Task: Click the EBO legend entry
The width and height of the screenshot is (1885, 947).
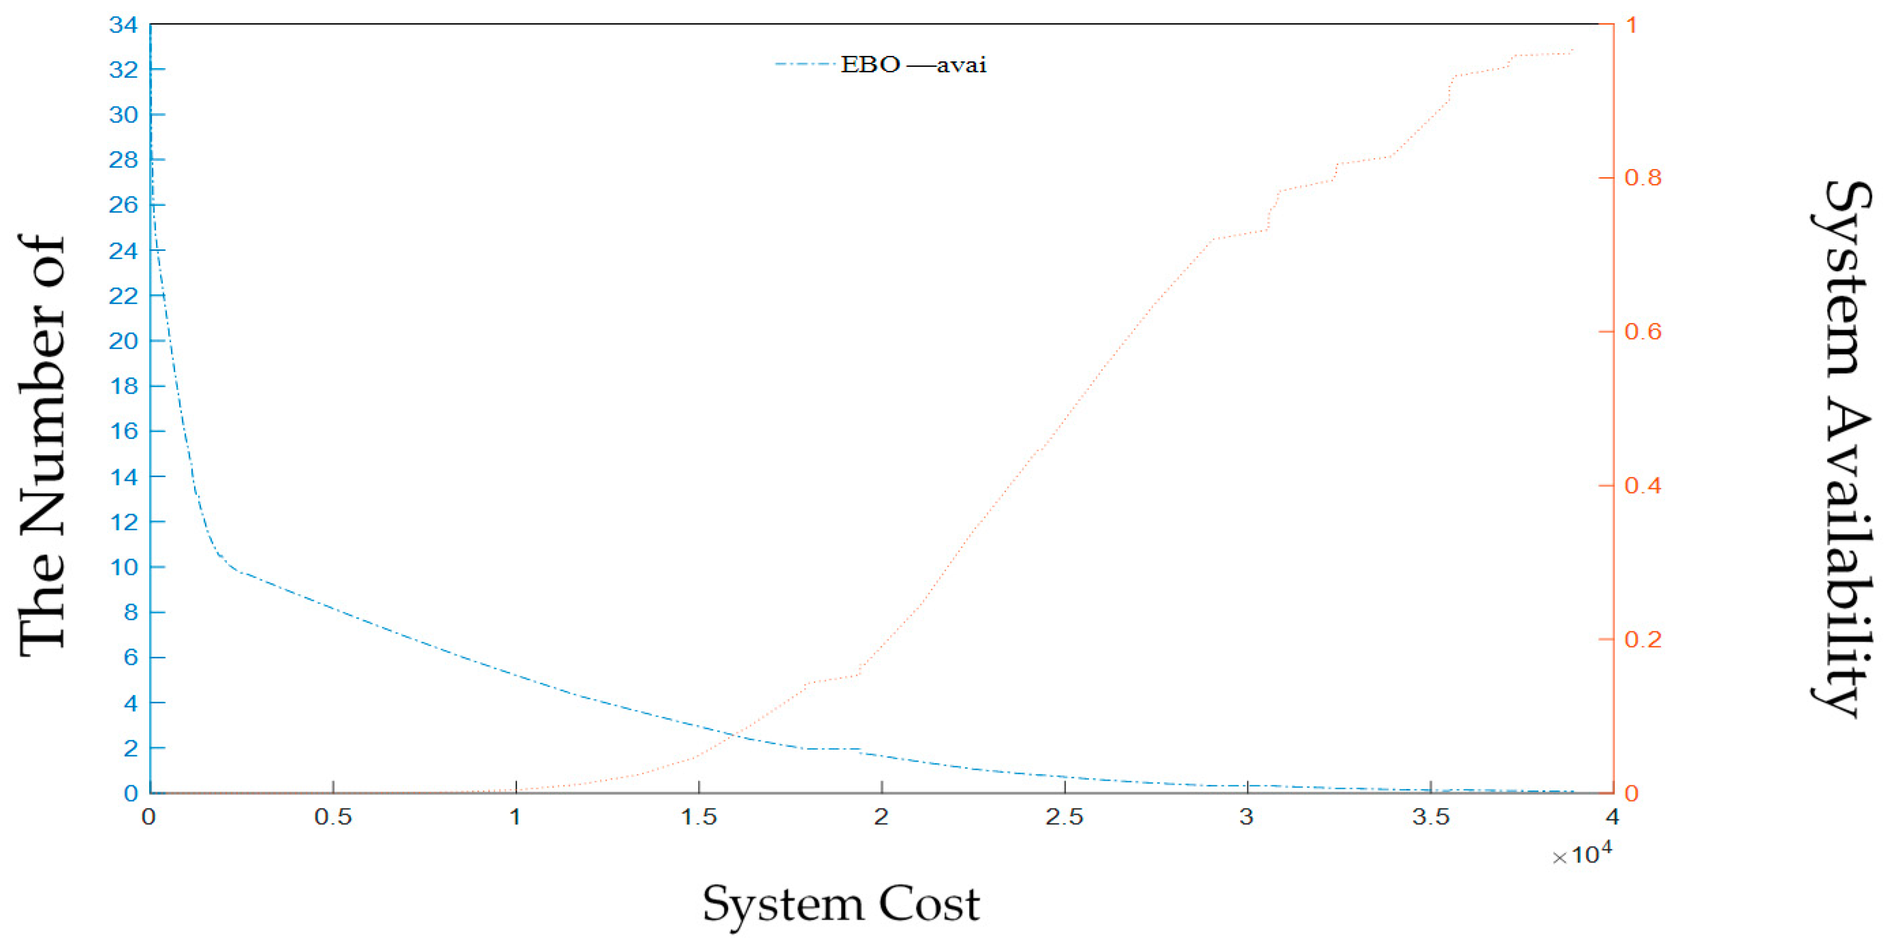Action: [870, 65]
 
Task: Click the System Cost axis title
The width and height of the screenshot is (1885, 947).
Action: [841, 905]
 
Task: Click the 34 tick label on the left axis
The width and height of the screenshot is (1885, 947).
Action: [123, 25]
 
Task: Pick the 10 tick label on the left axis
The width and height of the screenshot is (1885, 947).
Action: [123, 566]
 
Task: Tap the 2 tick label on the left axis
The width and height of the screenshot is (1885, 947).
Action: [131, 748]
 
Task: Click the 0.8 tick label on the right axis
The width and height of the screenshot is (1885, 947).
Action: [1643, 177]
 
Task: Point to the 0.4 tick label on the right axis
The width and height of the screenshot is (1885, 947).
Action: [1643, 485]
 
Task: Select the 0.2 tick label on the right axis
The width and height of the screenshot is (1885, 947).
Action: [1643, 639]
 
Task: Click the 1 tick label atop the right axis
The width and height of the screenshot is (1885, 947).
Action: [1631, 25]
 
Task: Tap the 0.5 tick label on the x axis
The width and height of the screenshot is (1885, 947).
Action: [333, 817]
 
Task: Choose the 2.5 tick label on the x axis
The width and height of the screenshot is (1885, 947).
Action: [1064, 817]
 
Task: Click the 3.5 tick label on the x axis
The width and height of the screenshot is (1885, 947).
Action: [1431, 817]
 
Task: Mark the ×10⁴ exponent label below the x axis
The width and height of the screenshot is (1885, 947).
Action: [1582, 854]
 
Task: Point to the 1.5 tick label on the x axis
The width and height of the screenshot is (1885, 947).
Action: [699, 817]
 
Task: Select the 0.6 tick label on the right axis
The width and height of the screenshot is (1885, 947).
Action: [1643, 331]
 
